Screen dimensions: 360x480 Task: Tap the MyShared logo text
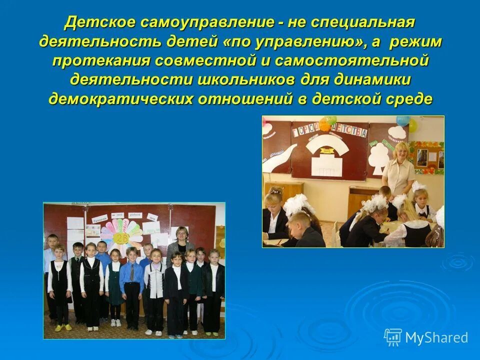point(436,337)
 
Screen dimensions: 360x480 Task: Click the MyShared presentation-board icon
point(393,337)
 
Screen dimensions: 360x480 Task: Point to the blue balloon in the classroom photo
point(402,121)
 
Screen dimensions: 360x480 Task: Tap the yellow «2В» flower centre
point(121,237)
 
